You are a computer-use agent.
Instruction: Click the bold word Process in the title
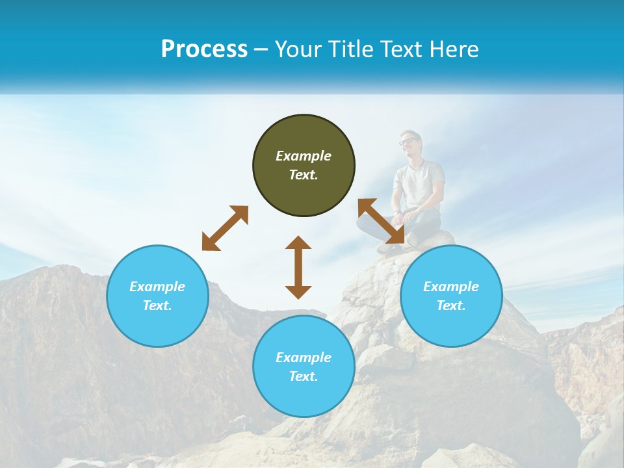pos(204,49)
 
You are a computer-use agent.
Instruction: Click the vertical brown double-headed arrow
pos(298,267)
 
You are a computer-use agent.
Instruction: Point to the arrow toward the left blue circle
pos(225,228)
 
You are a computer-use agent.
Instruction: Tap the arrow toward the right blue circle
pos(381,222)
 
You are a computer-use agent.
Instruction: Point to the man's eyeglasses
pos(408,140)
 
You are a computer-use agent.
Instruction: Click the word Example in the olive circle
pos(304,156)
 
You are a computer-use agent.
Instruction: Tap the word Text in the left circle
pos(157,305)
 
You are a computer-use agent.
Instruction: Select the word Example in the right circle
pos(451,287)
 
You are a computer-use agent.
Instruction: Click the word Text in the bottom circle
pos(303,376)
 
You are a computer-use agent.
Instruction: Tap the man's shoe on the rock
pos(389,248)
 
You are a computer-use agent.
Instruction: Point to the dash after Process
pos(261,50)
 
